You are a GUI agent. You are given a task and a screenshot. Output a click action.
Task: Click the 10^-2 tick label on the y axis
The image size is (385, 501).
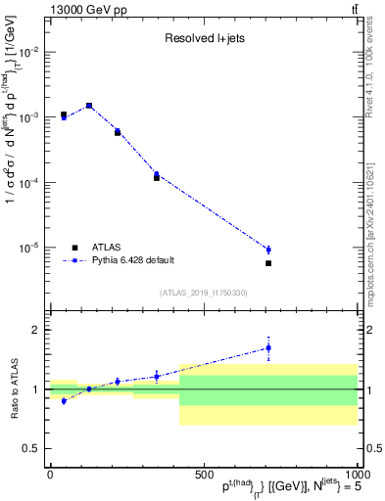(x=28, y=52)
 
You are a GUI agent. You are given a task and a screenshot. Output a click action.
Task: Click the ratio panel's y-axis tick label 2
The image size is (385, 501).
(x=35, y=331)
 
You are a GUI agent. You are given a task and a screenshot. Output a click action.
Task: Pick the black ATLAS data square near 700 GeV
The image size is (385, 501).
(x=267, y=263)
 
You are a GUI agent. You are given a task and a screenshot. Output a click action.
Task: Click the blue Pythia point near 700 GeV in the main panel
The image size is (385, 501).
(x=267, y=250)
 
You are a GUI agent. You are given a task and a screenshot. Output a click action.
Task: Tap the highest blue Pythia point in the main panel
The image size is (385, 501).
(x=89, y=106)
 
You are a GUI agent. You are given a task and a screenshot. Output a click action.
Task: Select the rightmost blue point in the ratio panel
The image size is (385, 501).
(x=267, y=347)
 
